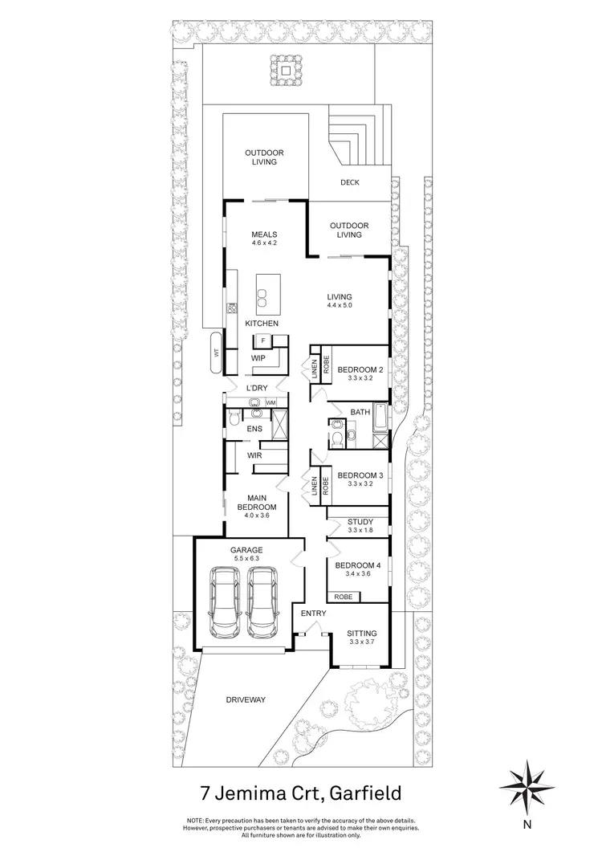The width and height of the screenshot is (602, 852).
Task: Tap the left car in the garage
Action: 223,600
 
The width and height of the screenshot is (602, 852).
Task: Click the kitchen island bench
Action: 265,296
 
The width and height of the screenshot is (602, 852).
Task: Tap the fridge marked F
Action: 262,340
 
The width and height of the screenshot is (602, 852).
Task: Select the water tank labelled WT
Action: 216,352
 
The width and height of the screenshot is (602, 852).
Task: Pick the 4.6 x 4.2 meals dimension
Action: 264,243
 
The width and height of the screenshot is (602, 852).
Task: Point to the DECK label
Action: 349,182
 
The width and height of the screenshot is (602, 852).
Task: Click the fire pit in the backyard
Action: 287,63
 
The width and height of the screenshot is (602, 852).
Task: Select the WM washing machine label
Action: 270,402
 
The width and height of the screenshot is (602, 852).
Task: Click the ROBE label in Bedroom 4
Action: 344,597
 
